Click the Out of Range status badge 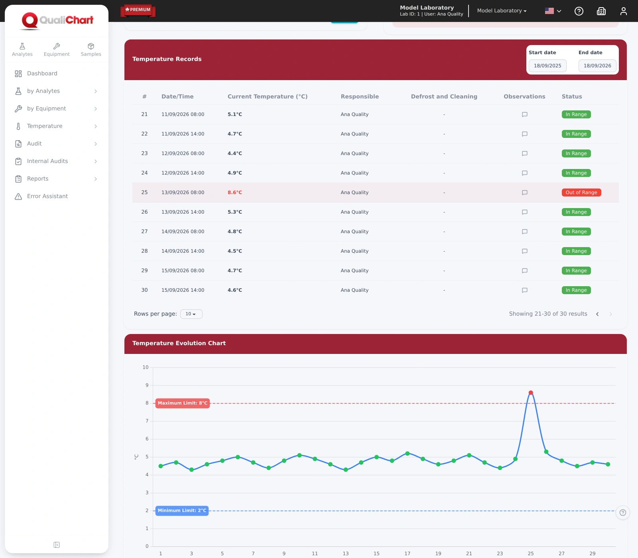[x=581, y=193]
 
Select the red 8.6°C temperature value [x=235, y=193]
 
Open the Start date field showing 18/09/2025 [x=547, y=66]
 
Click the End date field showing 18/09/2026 [x=597, y=66]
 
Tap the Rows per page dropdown [x=191, y=314]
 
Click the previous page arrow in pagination [x=597, y=314]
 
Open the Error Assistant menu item [x=47, y=196]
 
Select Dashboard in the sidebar [x=42, y=73]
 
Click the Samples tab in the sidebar [x=91, y=50]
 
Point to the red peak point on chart [x=531, y=393]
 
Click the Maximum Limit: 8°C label [x=183, y=403]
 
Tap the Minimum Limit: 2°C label [x=182, y=511]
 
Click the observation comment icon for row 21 [x=525, y=114]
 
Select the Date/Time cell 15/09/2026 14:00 [x=183, y=290]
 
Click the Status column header [x=572, y=96]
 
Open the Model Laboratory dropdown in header [x=502, y=11]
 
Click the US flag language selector [x=553, y=11]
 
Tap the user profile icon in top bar [x=624, y=11]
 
